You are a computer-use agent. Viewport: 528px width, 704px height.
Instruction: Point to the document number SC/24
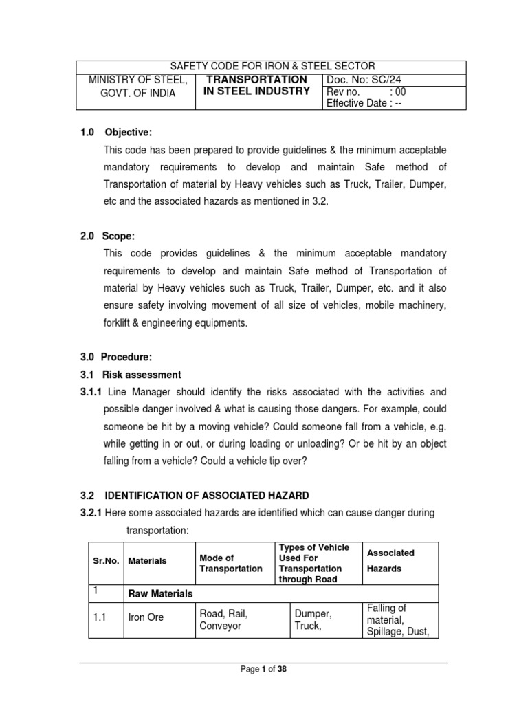pos(368,80)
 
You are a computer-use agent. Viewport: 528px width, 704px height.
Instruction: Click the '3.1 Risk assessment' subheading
pos(131,375)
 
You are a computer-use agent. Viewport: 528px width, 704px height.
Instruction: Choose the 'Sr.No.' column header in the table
pos(106,560)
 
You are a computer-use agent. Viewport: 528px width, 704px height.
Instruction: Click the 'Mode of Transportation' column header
pos(230,563)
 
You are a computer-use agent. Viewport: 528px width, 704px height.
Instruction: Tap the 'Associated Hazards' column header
pos(390,560)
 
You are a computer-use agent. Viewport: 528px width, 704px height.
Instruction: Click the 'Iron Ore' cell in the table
pos(146,617)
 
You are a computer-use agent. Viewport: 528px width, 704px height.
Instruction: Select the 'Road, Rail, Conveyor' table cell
pos(223,619)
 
